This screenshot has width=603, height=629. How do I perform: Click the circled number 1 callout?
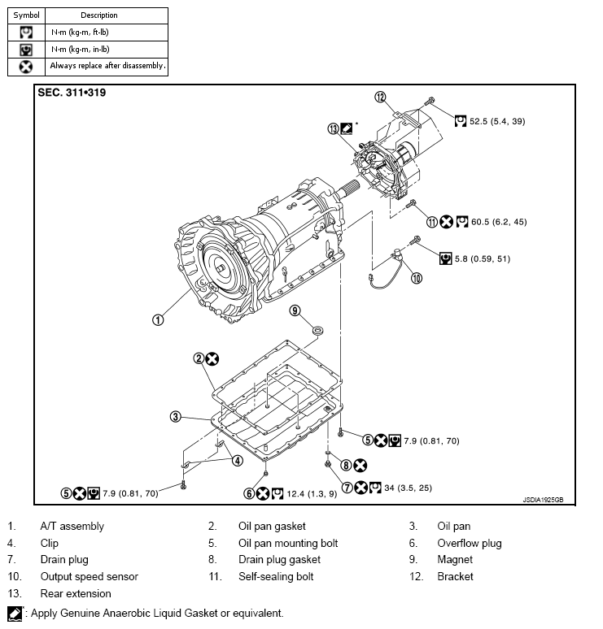(x=158, y=319)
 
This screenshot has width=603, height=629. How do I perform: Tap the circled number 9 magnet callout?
(x=295, y=310)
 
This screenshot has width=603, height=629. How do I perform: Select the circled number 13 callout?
(x=333, y=128)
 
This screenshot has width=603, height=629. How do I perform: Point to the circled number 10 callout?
(x=417, y=278)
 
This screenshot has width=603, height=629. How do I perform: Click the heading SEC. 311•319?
(x=72, y=93)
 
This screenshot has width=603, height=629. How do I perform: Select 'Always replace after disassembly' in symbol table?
(x=107, y=65)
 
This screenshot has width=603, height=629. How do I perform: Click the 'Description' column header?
(x=99, y=15)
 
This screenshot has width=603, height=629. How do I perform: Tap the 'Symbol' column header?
(x=26, y=15)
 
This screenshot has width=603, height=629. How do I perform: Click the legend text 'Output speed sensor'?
(x=90, y=576)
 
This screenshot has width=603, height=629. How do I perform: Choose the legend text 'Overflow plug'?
(x=470, y=543)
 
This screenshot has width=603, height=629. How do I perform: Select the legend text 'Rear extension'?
(x=76, y=593)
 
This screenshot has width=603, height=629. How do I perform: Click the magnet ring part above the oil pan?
(x=317, y=330)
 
